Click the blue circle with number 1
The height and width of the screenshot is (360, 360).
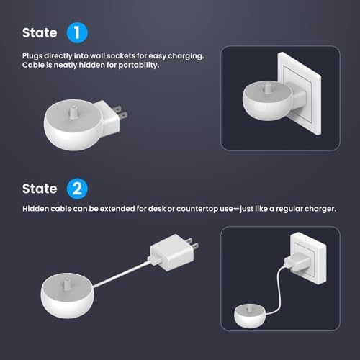point(77,33)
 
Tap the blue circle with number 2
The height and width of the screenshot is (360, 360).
point(77,189)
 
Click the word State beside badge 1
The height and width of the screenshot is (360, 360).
point(40,33)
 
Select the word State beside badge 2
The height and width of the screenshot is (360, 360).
point(40,189)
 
